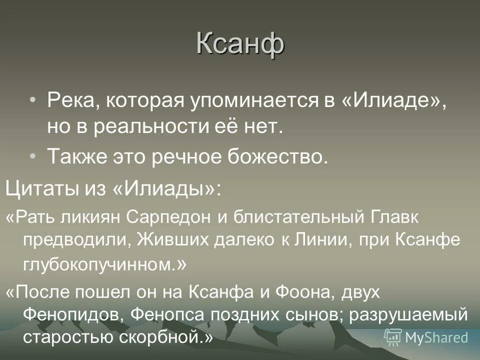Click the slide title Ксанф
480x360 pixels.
[240, 44]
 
